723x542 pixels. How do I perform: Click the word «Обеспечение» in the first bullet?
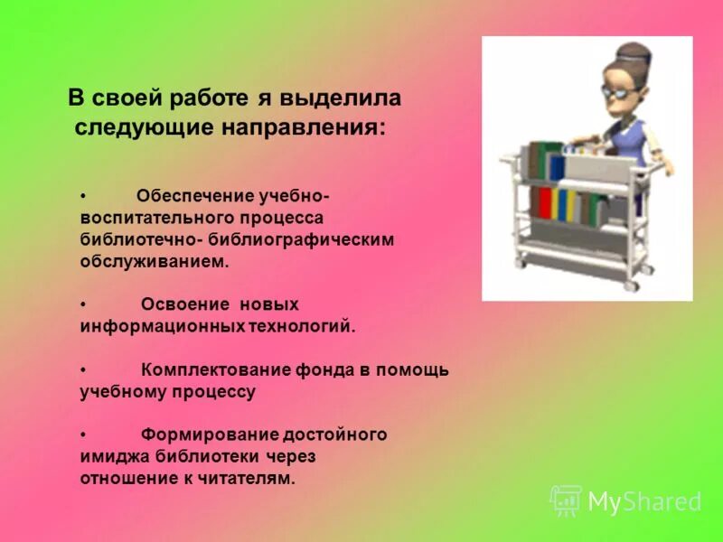[195, 196]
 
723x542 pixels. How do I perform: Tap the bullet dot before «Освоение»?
[83, 305]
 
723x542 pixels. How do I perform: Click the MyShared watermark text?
[644, 501]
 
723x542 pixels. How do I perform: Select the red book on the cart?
[544, 203]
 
